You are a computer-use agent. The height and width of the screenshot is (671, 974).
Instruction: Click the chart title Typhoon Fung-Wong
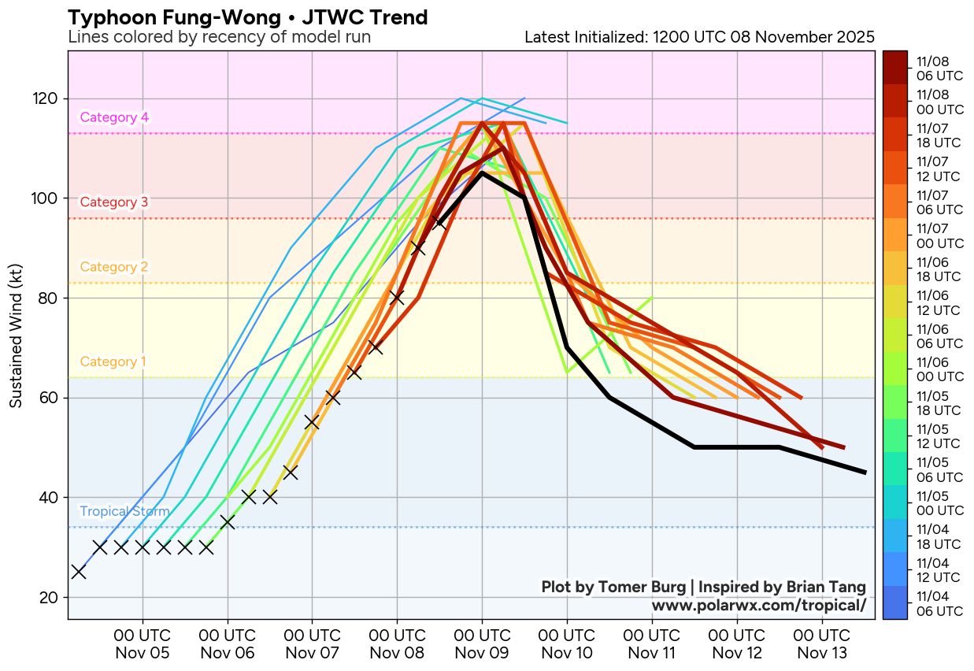click(x=248, y=17)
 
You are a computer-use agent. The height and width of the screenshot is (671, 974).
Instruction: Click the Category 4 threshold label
click(x=114, y=117)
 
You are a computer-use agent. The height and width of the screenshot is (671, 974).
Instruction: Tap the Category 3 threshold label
click(x=114, y=202)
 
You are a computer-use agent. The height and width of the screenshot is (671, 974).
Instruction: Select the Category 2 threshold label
click(x=114, y=267)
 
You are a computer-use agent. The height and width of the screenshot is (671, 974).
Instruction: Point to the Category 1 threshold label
click(x=113, y=362)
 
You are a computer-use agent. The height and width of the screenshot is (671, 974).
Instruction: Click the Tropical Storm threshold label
click(x=124, y=512)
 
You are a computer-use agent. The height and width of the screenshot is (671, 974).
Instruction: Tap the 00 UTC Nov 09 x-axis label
click(x=482, y=644)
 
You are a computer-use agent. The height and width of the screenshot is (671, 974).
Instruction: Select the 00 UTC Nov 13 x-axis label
click(x=822, y=644)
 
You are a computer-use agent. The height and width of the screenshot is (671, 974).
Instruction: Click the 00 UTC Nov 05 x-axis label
click(x=143, y=644)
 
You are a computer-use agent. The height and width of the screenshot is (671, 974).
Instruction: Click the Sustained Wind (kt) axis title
click(x=16, y=335)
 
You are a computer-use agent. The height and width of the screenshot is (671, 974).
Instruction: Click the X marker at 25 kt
click(x=79, y=572)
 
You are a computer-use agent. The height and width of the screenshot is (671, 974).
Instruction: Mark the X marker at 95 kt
click(x=439, y=223)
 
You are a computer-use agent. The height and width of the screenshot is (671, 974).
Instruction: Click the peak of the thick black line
click(x=482, y=173)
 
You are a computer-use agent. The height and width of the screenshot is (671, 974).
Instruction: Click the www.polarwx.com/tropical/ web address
click(x=758, y=606)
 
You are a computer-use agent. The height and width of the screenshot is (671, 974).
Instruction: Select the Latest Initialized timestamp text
click(x=699, y=37)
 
